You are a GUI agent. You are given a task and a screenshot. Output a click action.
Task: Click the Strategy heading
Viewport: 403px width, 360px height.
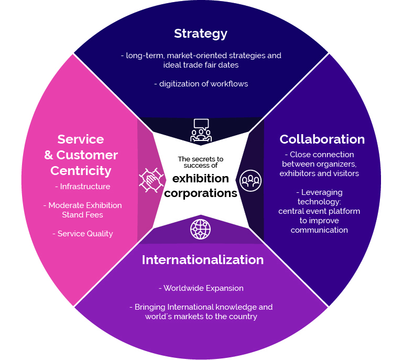[x=201, y=34]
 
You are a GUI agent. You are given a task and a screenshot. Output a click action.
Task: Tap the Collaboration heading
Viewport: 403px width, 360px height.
[x=322, y=139]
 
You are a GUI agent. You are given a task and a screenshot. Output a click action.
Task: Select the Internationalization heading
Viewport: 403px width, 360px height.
[x=202, y=260]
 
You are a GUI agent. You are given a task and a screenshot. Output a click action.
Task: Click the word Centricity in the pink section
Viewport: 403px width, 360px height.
[x=81, y=171]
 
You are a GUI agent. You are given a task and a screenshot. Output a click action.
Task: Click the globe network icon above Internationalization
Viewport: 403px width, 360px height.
[x=201, y=230]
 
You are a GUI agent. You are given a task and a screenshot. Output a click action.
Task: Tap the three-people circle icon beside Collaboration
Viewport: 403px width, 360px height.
[x=250, y=180]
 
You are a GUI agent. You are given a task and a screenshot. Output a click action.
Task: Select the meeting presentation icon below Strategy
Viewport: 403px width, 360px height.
[x=201, y=130]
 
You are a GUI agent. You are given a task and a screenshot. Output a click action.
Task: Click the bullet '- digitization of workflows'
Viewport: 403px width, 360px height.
[x=201, y=84]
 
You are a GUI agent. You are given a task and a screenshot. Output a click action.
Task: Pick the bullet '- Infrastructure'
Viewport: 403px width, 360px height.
[x=82, y=187]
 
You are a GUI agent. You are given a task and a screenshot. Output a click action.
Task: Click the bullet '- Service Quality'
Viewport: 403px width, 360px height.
[x=82, y=234]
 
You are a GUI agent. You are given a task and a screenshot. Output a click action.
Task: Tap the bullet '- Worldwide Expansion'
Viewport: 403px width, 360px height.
[x=201, y=288]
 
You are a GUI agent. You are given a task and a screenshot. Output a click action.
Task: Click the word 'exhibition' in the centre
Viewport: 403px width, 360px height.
[x=201, y=178]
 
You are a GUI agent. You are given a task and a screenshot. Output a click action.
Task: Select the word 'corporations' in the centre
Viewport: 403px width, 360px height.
[x=201, y=193]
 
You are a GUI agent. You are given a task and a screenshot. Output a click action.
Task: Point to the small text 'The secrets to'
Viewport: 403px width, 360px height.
[x=201, y=159]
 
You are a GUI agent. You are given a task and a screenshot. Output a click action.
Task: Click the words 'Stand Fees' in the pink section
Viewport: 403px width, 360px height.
[x=82, y=215]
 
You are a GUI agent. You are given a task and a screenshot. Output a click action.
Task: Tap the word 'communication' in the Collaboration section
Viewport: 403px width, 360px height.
[x=319, y=230]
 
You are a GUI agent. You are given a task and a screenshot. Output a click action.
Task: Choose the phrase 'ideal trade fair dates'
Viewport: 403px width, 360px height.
[x=201, y=64]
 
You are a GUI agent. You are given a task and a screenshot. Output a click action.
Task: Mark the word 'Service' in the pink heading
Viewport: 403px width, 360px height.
[x=81, y=139]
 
